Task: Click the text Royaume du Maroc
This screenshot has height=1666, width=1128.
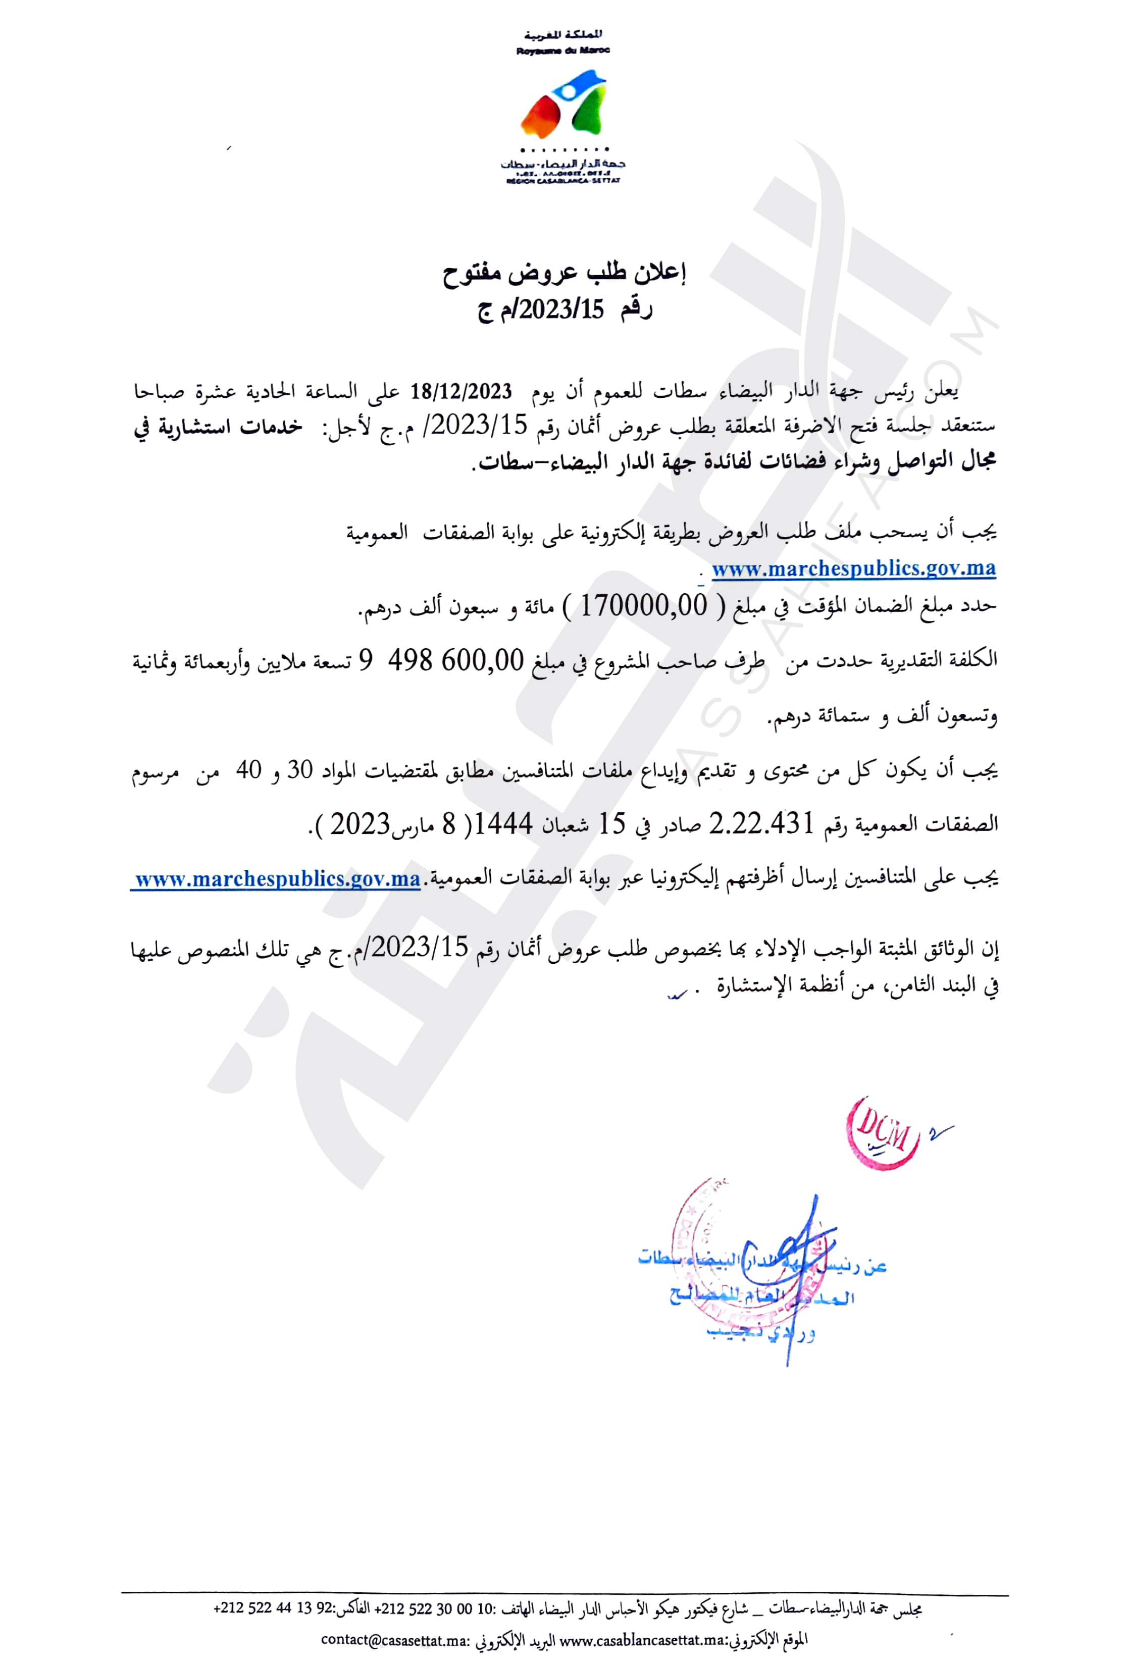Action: [x=563, y=50]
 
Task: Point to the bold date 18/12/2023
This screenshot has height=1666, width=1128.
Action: [x=460, y=391]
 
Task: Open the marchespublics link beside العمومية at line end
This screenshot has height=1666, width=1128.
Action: [x=277, y=878]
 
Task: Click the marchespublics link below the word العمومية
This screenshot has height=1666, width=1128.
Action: [x=853, y=568]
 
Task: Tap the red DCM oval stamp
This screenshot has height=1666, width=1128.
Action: [x=882, y=1133]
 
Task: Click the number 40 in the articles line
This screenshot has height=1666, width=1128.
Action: [x=249, y=770]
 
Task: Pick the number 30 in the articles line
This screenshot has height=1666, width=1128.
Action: [x=300, y=770]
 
